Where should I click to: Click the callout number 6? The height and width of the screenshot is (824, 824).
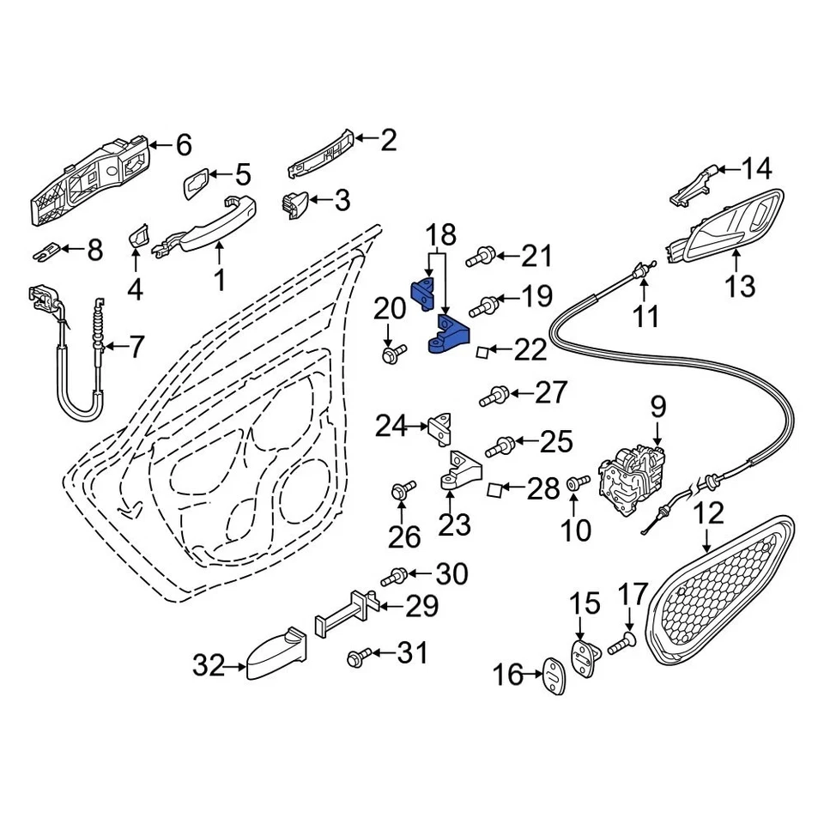point(183,145)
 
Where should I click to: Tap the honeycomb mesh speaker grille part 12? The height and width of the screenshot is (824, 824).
point(721,592)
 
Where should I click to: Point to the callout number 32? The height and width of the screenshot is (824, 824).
point(209,664)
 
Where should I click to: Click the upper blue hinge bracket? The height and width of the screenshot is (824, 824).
point(424,293)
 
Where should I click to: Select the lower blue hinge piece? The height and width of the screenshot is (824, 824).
point(449,336)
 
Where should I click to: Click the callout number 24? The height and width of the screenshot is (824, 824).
point(391,425)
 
